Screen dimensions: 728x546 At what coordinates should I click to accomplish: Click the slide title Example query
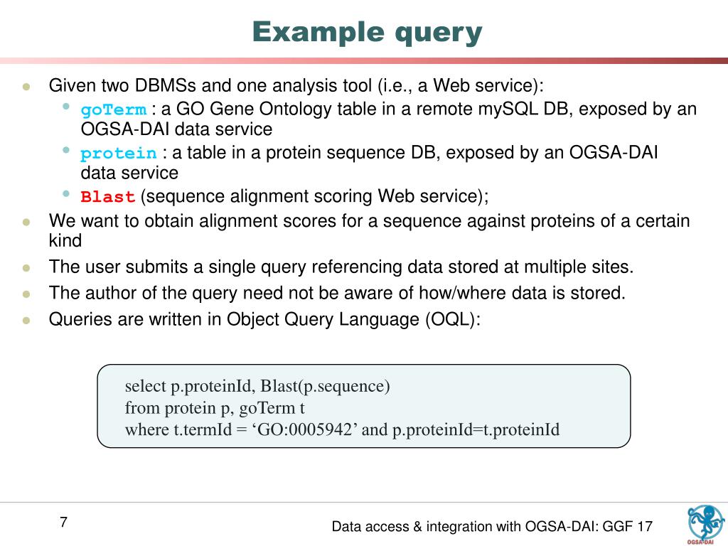[x=367, y=32]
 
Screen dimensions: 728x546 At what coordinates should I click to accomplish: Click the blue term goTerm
[x=114, y=110]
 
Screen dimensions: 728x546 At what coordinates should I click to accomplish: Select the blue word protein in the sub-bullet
[x=119, y=154]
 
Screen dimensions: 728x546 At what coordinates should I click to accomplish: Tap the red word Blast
[x=108, y=197]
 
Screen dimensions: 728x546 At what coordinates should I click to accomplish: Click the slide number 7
[x=63, y=523]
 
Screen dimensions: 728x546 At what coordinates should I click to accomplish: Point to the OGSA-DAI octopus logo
[x=705, y=525]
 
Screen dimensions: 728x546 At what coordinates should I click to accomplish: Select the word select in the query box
[x=145, y=387]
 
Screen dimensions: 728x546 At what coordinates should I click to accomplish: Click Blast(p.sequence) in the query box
[x=325, y=387]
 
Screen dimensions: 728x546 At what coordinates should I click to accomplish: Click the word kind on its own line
[x=65, y=240]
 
